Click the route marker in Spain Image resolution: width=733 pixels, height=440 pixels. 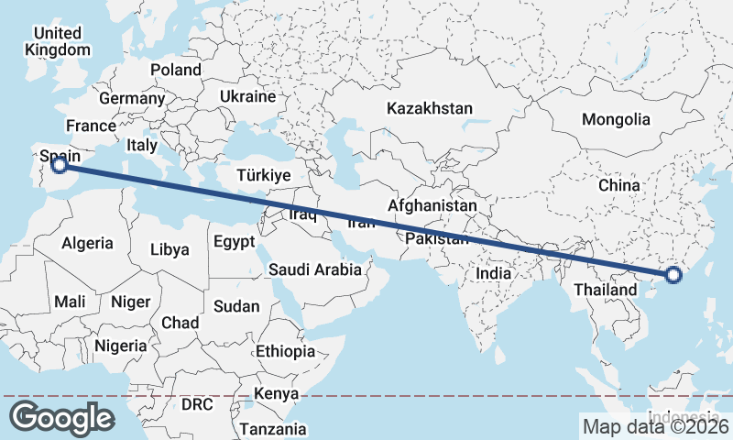(x=59, y=165)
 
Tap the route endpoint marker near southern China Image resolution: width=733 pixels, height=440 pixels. (x=673, y=274)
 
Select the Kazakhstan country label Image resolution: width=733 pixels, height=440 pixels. (x=430, y=108)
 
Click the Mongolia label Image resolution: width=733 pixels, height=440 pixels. (x=616, y=119)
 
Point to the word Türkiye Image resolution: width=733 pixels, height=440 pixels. (x=263, y=175)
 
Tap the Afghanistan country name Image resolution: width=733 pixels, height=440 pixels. (x=432, y=206)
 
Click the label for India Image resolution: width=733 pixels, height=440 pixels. (x=493, y=273)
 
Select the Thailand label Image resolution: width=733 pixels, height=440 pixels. (x=605, y=290)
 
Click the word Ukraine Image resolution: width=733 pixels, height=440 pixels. (x=247, y=96)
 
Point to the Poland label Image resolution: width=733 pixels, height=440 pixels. (x=176, y=70)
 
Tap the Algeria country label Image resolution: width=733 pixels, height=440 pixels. (x=87, y=243)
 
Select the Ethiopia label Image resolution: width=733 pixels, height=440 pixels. (x=285, y=351)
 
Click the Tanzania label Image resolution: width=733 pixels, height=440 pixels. (x=273, y=428)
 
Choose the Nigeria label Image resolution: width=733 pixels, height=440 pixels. (x=120, y=346)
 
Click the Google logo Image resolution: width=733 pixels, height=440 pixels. (x=61, y=418)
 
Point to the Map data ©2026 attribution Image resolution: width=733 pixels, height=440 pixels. (x=654, y=426)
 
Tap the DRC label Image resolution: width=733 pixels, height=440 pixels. (x=197, y=404)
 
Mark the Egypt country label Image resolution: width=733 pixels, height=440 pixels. (x=234, y=243)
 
